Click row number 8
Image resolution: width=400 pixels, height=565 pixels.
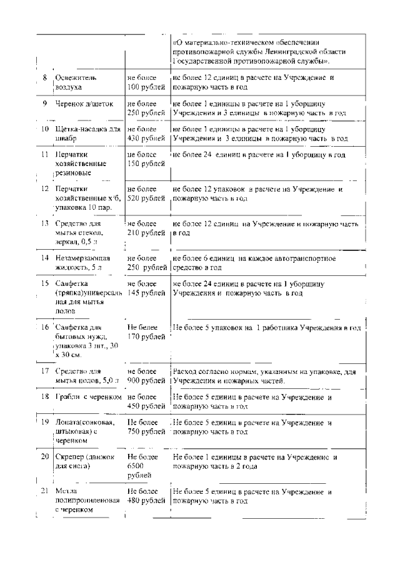pyautogui.click(x=45, y=77)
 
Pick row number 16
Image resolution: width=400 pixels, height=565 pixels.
pyautogui.click(x=45, y=327)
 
